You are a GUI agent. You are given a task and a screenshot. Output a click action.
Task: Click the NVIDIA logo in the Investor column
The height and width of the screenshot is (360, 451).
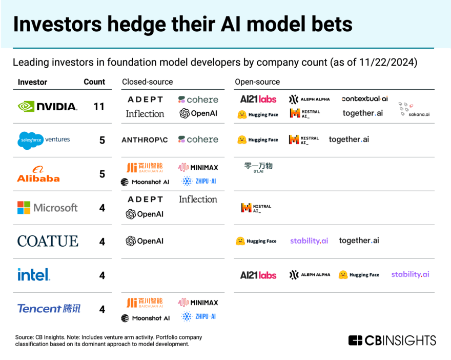(x=48, y=106)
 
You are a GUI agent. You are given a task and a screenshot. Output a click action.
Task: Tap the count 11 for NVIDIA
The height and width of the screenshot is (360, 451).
(x=98, y=107)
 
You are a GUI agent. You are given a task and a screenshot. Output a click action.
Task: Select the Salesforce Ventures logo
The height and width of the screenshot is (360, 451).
(x=44, y=140)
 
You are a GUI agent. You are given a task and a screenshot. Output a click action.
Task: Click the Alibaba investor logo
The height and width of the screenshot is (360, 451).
(x=38, y=174)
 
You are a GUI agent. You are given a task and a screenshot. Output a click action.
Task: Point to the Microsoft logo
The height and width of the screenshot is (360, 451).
(x=48, y=208)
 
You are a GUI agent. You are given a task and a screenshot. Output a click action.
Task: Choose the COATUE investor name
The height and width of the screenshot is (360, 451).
(x=48, y=241)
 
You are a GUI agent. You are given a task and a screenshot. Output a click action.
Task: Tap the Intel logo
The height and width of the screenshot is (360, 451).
(x=34, y=275)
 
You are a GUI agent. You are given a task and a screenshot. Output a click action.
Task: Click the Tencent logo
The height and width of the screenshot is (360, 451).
(x=49, y=309)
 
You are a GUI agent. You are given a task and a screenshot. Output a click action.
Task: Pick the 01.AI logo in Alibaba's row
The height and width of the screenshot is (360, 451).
(x=258, y=168)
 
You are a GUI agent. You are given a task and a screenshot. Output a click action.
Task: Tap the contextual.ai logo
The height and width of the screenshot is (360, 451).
(x=365, y=98)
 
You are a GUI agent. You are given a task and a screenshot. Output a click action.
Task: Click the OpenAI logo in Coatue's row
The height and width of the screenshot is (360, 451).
(x=145, y=241)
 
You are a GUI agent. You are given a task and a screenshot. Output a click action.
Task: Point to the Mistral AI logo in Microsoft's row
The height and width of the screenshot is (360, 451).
(x=256, y=208)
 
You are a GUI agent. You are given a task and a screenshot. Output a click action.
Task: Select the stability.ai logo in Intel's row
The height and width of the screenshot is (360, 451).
(x=410, y=275)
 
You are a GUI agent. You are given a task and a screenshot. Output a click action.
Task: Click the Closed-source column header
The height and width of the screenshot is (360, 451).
(x=147, y=82)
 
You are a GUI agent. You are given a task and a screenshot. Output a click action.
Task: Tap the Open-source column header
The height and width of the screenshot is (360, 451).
(x=257, y=82)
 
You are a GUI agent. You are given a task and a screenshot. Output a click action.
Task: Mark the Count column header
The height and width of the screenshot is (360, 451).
(x=94, y=82)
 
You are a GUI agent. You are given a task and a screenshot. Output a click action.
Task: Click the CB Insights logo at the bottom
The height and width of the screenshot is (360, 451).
(x=392, y=340)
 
